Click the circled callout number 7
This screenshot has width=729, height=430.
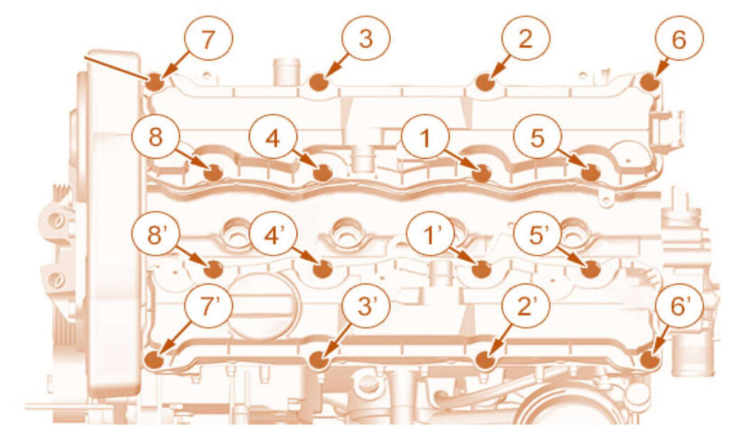click(x=207, y=40)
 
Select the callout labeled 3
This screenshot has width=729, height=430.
click(x=366, y=39)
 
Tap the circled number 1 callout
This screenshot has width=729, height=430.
click(x=425, y=140)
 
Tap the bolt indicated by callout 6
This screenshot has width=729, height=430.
click(x=649, y=82)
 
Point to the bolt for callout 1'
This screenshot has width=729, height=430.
click(x=481, y=269)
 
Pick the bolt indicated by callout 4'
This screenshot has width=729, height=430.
click(x=322, y=269)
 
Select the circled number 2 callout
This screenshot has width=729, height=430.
click(x=525, y=39)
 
